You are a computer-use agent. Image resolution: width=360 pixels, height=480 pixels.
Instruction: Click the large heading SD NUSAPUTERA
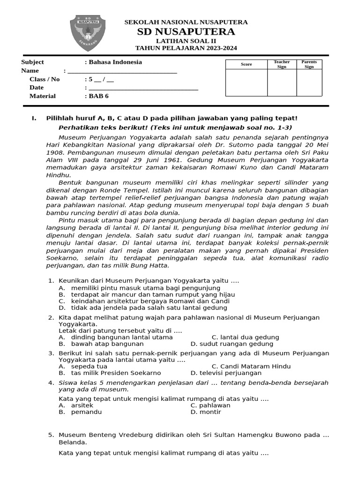[186, 32]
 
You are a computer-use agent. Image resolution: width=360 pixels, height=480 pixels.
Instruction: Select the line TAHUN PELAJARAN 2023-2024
[186, 48]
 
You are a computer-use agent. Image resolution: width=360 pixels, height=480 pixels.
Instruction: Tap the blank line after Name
[122, 71]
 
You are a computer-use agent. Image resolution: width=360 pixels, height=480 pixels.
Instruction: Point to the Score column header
[246, 64]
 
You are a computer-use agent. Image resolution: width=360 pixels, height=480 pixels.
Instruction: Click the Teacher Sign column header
[282, 64]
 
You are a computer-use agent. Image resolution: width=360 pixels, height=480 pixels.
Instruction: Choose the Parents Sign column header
[309, 64]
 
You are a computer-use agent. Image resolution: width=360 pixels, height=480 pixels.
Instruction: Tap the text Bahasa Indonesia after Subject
[115, 62]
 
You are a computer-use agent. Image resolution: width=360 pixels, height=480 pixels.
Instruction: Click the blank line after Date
[143, 88]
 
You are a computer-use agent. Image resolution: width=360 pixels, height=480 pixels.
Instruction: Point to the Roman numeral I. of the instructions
[34, 119]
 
